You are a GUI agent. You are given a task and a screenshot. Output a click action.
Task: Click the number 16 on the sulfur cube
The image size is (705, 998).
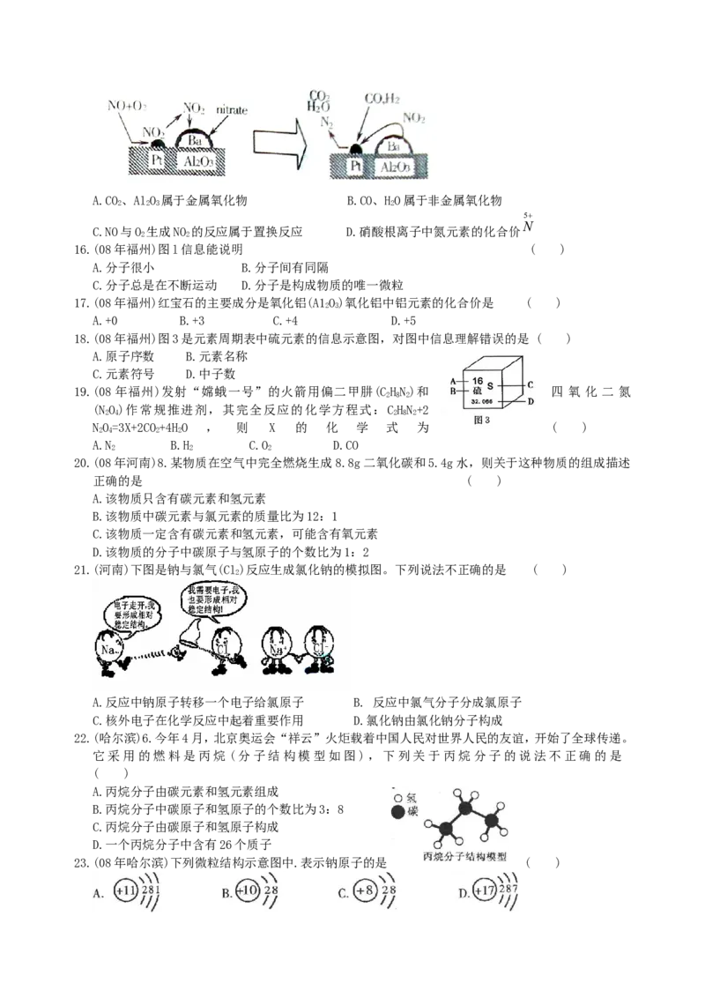(479, 380)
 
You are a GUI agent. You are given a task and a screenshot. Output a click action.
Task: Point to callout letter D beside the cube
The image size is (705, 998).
(531, 402)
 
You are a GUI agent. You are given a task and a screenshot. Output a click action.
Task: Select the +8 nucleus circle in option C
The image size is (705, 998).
(366, 892)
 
